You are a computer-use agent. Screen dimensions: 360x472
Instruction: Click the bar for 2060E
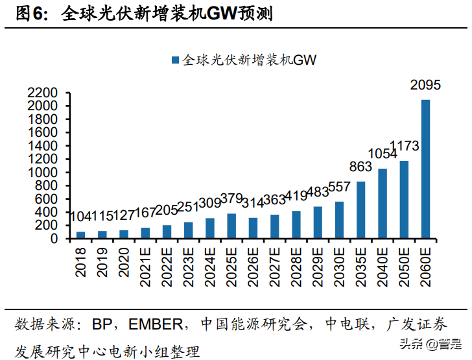(x=425, y=169)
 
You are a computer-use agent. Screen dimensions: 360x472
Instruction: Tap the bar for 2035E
(x=360, y=210)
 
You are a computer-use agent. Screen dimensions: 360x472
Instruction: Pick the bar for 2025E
(x=231, y=226)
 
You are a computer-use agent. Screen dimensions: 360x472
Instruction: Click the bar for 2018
(x=81, y=235)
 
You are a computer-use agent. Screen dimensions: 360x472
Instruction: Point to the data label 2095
(x=426, y=84)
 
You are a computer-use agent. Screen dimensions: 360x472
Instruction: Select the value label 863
(x=360, y=167)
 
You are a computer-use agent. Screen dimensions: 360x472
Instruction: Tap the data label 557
(x=340, y=187)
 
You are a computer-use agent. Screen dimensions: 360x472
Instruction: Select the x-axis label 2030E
(x=340, y=265)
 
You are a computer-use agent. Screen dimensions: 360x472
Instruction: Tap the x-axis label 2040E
(x=383, y=265)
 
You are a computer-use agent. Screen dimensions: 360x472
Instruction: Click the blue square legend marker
(x=174, y=60)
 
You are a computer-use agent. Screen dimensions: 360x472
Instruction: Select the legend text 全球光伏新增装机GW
(x=249, y=60)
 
